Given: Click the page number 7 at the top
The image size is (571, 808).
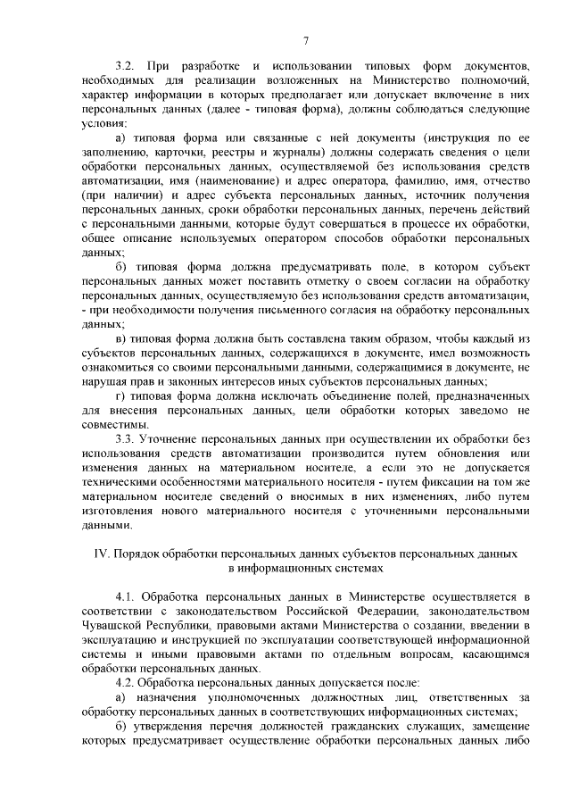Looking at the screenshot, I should click(x=305, y=40).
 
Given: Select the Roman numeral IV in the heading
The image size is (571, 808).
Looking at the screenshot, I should click(x=101, y=554).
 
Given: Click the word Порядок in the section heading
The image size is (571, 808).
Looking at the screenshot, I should click(x=138, y=554).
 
